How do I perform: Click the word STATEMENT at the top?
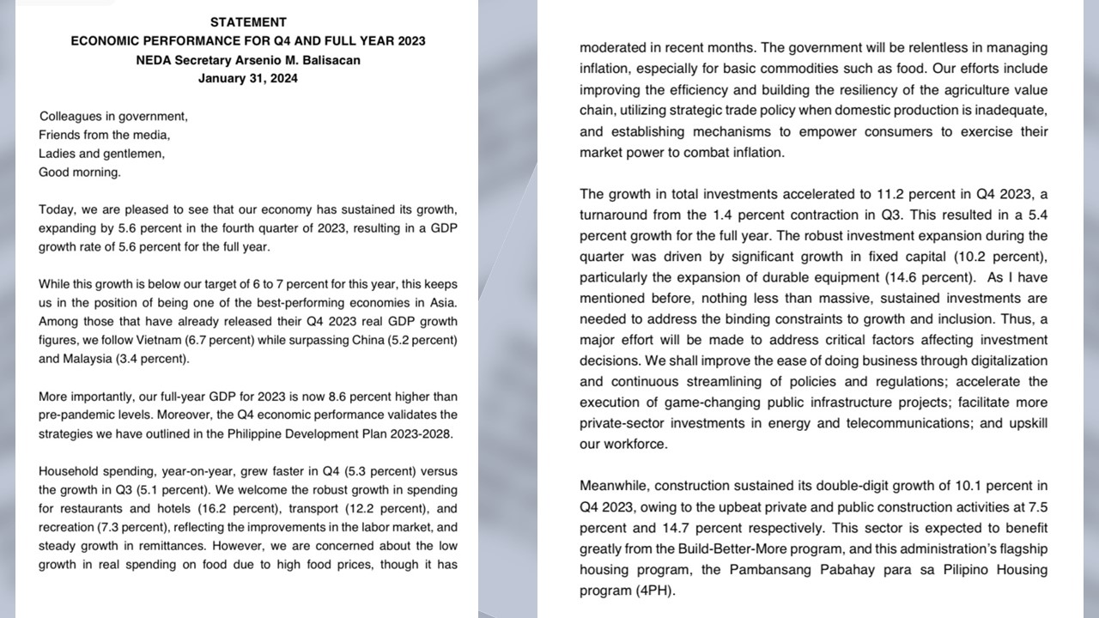pos(248,22)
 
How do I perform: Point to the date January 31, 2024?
pos(248,78)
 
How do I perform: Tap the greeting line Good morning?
pos(80,172)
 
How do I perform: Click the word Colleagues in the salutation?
pos(71,116)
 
